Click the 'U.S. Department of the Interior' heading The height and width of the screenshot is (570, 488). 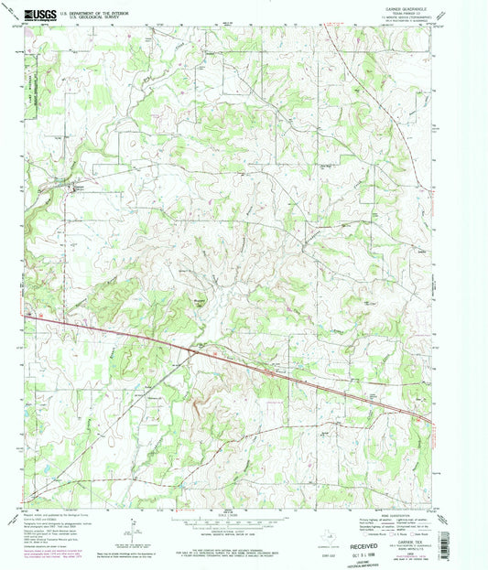101,11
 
